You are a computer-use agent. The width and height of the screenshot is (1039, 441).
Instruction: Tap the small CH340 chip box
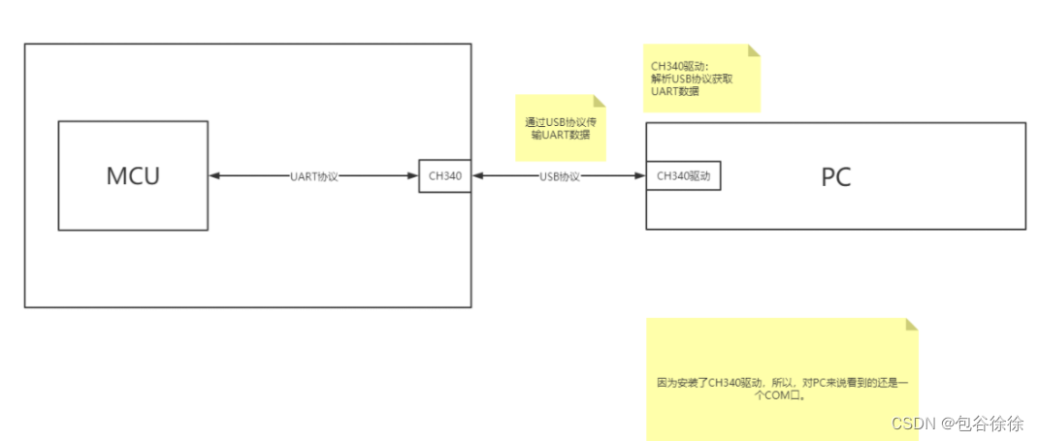click(x=444, y=176)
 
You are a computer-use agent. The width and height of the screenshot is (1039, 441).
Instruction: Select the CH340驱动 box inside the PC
click(x=684, y=176)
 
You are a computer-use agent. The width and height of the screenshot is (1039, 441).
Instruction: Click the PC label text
click(x=836, y=177)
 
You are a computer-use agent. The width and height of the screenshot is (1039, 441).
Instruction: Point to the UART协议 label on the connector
click(x=314, y=176)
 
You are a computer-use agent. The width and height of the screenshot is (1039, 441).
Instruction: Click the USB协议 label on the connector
click(x=559, y=176)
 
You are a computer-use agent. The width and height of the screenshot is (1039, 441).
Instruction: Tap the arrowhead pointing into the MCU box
click(x=214, y=176)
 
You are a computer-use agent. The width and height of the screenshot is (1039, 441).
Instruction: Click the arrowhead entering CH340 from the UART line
click(x=413, y=176)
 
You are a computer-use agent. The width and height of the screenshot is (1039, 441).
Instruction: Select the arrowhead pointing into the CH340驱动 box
click(x=640, y=176)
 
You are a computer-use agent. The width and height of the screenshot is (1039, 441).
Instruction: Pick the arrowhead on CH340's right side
click(x=477, y=176)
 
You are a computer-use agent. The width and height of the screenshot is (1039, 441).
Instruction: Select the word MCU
click(x=133, y=176)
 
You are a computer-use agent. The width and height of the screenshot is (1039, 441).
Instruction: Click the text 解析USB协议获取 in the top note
click(x=692, y=79)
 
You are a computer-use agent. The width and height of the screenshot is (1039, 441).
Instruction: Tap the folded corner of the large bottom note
click(x=909, y=326)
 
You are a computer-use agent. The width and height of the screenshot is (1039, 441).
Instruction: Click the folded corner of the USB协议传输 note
click(x=600, y=101)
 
